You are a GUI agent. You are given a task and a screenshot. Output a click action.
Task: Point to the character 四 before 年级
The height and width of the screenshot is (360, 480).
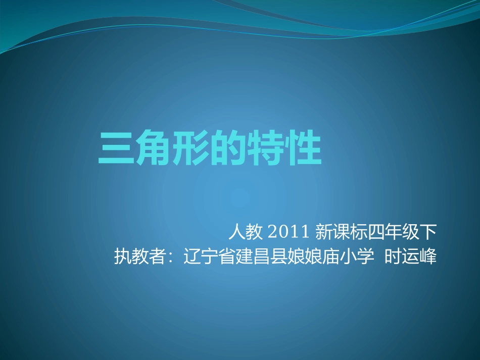coord(376,232)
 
